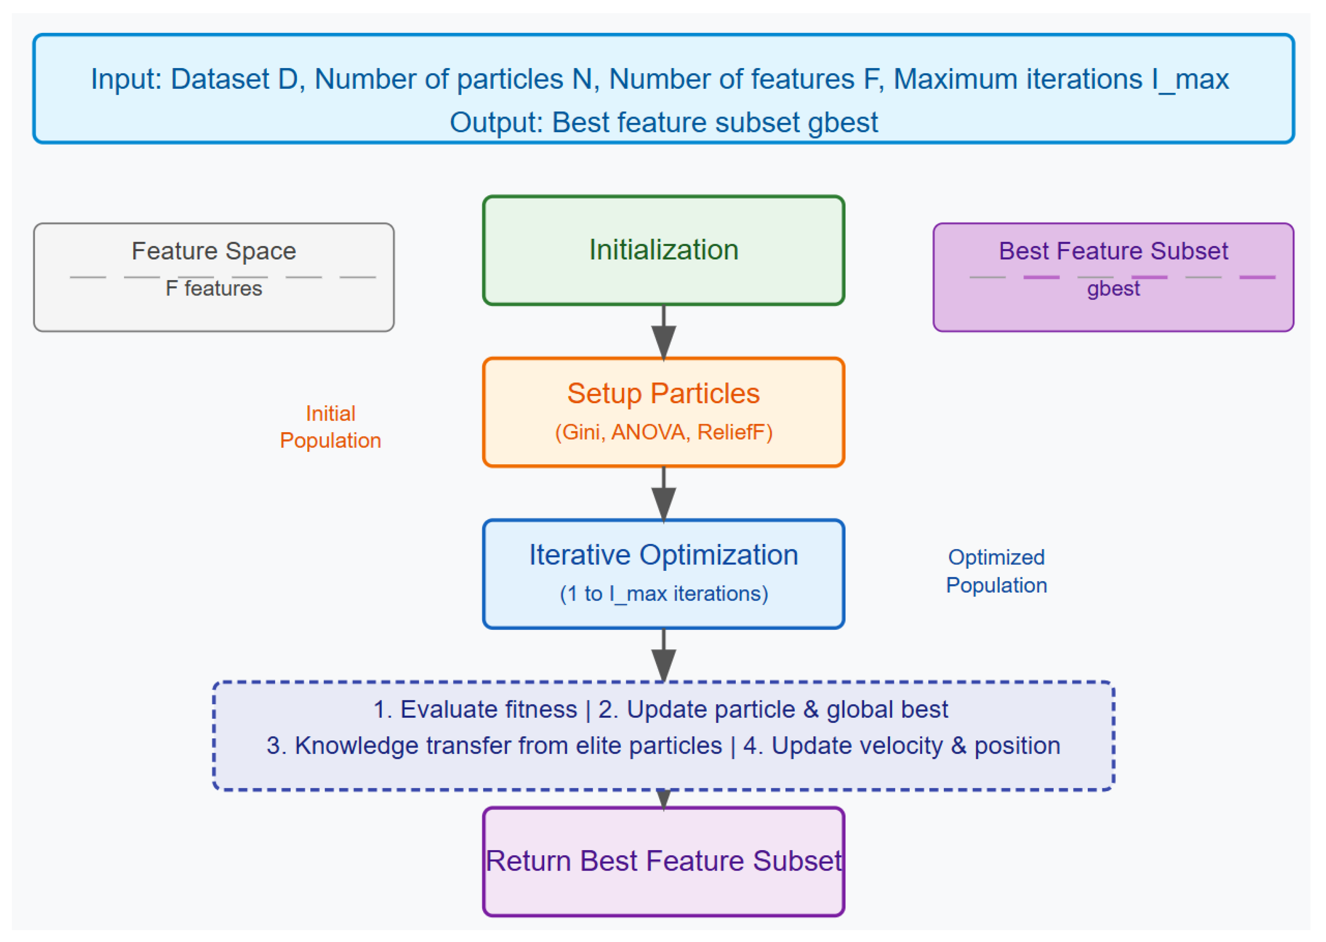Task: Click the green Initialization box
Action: coord(663,250)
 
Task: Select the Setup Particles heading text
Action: coord(663,393)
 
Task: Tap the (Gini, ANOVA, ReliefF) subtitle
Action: coord(663,432)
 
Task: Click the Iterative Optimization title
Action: coord(663,555)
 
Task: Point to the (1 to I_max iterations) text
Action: coord(663,593)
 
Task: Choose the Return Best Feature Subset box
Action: coord(663,861)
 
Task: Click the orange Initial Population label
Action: coord(330,427)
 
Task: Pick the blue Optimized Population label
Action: coord(996,571)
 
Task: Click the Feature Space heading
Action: coord(214,251)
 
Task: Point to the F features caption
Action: coord(214,288)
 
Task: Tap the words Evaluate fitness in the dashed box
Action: coord(489,709)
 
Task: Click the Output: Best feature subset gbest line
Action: coord(663,122)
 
